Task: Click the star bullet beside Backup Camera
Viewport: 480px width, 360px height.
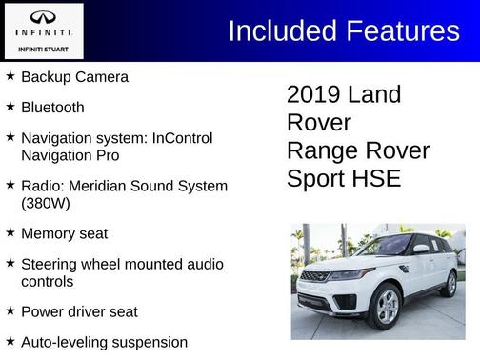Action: coord(10,76)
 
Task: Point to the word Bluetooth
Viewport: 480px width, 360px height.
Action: coord(52,108)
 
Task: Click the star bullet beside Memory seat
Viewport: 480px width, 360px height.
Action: coord(10,232)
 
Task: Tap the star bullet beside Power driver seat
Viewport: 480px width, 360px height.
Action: coord(10,310)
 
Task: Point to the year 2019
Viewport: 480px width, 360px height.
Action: coord(313,94)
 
